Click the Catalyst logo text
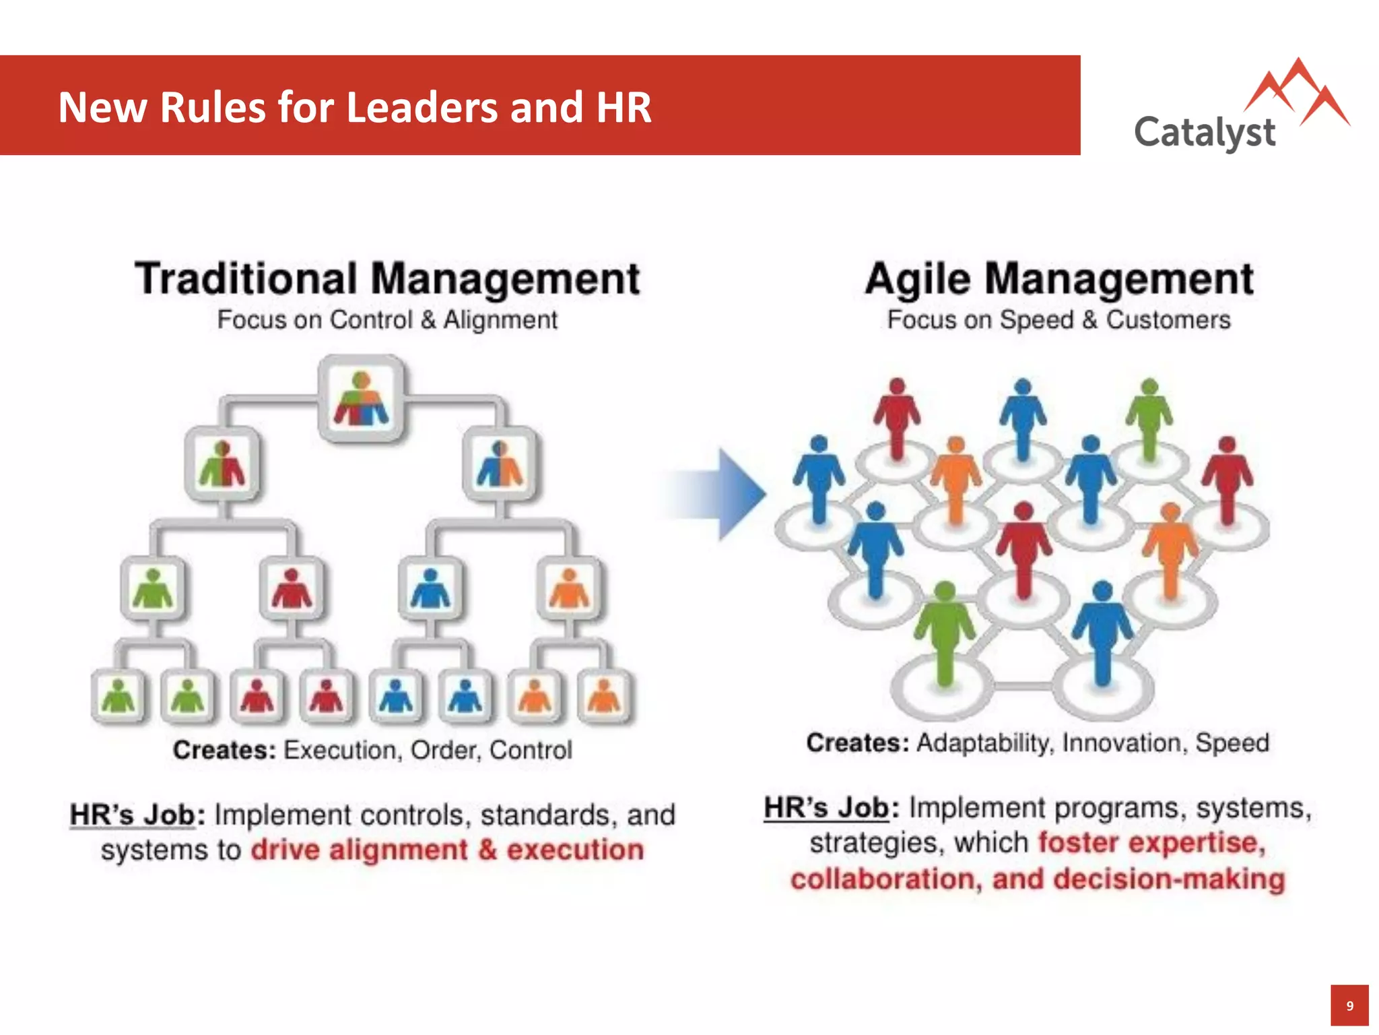click(1205, 132)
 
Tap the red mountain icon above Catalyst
click(1297, 94)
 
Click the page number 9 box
click(1349, 1005)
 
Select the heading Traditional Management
click(387, 278)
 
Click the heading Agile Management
click(1059, 278)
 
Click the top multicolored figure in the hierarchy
click(362, 399)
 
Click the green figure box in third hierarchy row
click(153, 588)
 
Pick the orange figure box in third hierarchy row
click(569, 588)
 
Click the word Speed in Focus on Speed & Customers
click(1036, 319)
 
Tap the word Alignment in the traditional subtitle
click(500, 319)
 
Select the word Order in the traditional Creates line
click(440, 750)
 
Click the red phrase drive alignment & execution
click(447, 850)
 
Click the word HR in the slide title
click(623, 107)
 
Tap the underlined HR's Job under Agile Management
click(826, 807)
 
